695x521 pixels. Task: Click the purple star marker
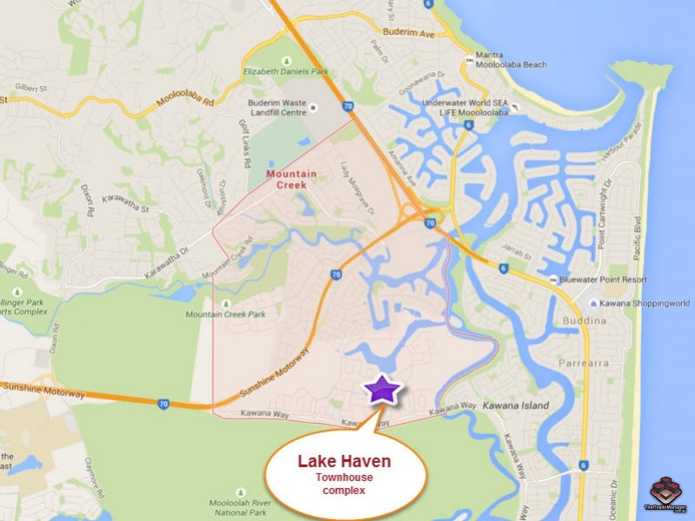381,390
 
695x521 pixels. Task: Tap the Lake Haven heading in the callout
345,462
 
